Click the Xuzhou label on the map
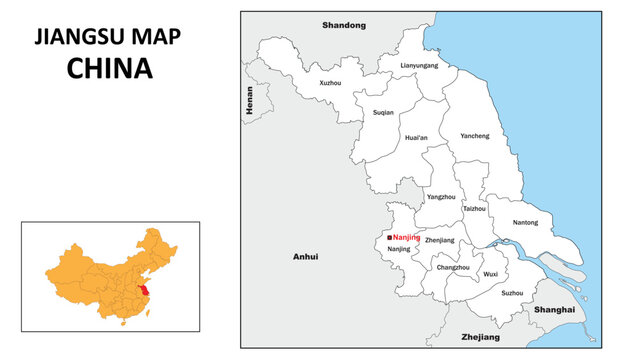coord(329,83)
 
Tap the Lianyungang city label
coord(419,65)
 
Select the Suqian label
coord(382,113)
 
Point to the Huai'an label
coord(416,137)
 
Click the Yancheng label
coord(475,135)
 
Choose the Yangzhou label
coord(441,197)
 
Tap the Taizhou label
coord(474,209)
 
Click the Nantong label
coord(525,222)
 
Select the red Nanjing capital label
coord(407,237)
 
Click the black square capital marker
coord(389,237)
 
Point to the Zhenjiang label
coord(439,240)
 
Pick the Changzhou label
coord(453,267)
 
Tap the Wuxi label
coord(490,273)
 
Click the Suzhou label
coord(512,293)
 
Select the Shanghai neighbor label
coord(555,310)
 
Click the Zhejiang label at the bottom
coord(479,338)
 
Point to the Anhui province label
coord(305,257)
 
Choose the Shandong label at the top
coord(344,24)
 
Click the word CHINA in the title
coord(110,68)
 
